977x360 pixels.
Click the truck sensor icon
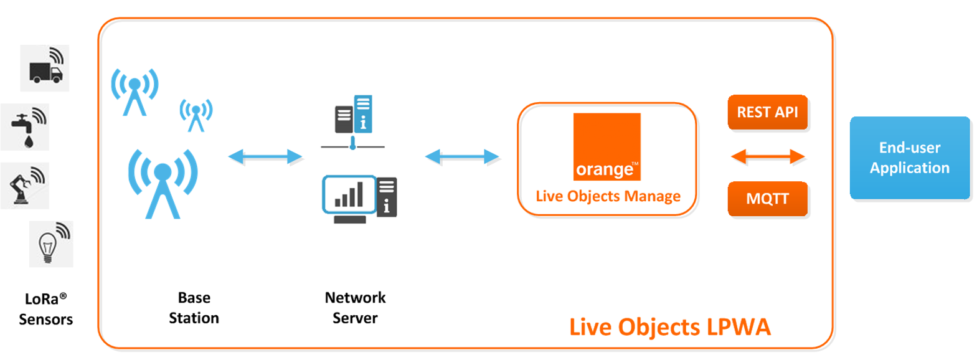(x=45, y=69)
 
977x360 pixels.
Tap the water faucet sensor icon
(x=26, y=127)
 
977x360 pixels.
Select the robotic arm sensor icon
(x=25, y=186)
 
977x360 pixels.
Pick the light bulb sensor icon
(x=51, y=244)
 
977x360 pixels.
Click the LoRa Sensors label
(x=45, y=309)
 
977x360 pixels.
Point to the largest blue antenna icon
(x=163, y=183)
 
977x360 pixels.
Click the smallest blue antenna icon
(x=196, y=115)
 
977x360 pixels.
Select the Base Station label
(x=194, y=308)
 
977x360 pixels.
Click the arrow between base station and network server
(x=265, y=156)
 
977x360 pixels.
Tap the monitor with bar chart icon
(x=359, y=199)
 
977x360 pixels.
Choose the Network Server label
(x=355, y=308)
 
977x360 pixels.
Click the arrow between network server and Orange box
(x=461, y=156)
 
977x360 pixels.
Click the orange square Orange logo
(x=606, y=147)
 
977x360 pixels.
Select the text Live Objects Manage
(x=608, y=196)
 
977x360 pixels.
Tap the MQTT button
(x=767, y=199)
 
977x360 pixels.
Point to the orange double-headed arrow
(x=767, y=156)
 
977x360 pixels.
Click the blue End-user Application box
(x=909, y=158)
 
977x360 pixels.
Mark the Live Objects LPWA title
(x=669, y=327)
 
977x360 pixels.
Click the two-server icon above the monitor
(x=354, y=115)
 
